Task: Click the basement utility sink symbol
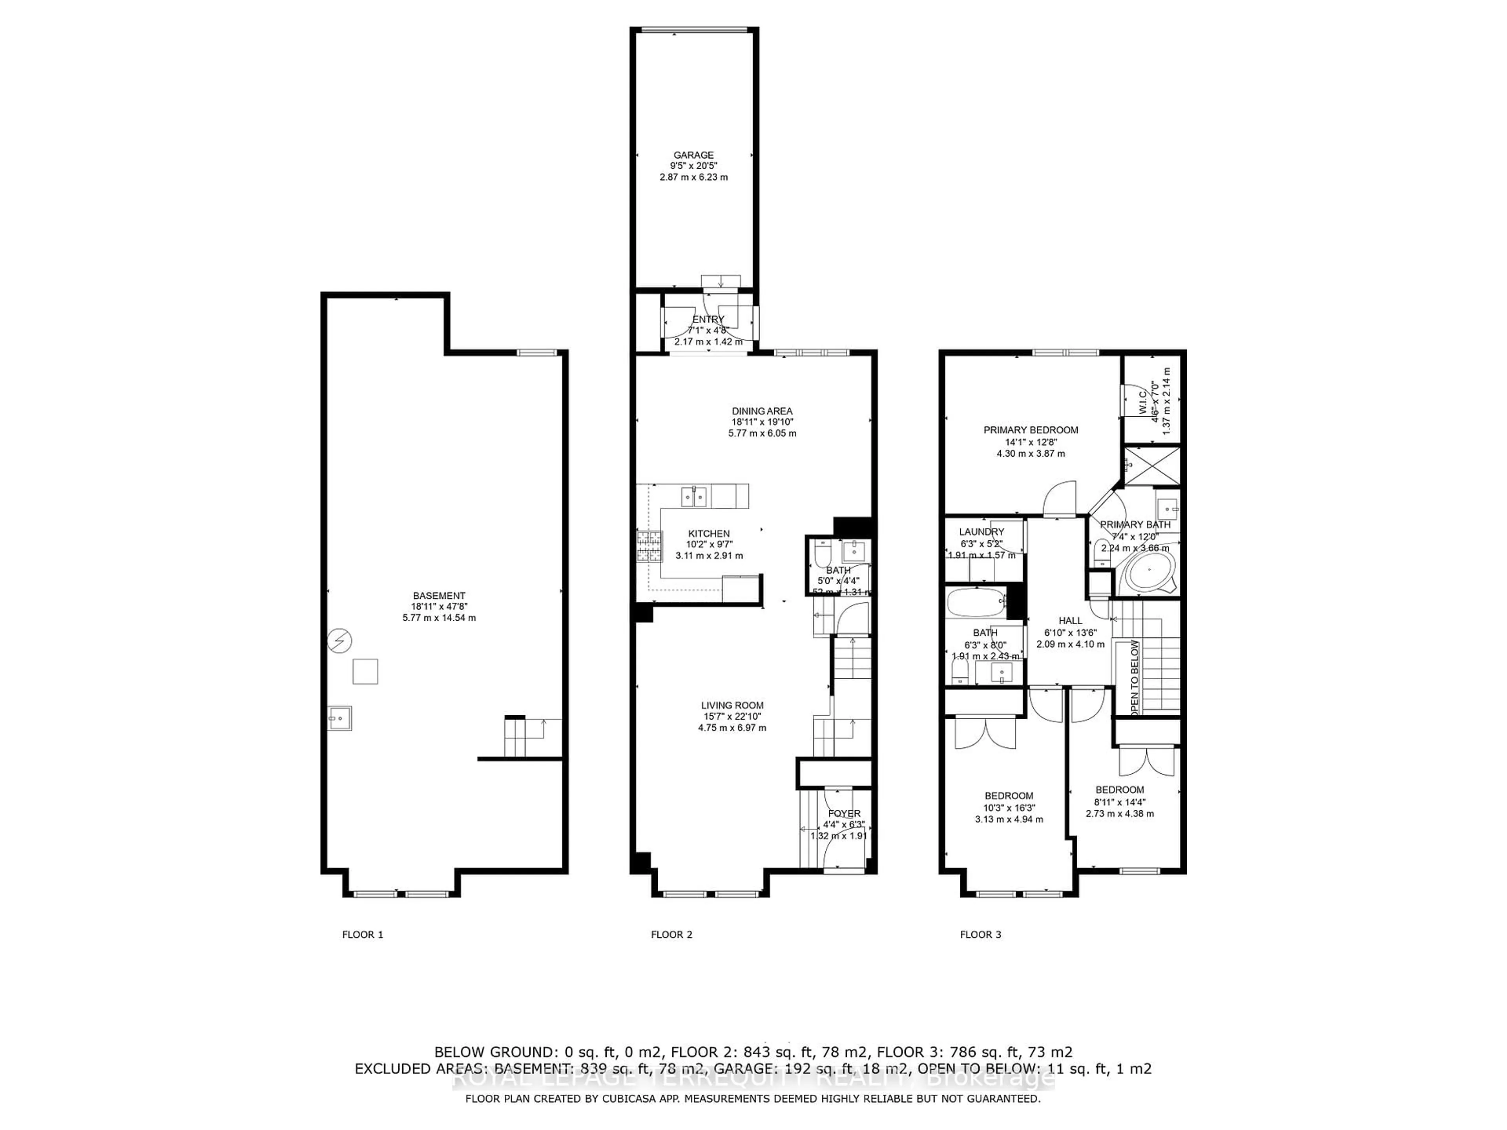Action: (x=339, y=718)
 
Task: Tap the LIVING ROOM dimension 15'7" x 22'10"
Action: (x=732, y=716)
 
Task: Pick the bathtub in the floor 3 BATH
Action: (x=975, y=603)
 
